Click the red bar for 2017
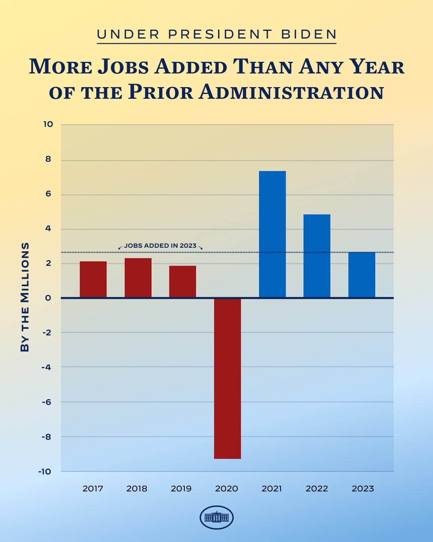[x=93, y=279]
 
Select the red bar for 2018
[x=138, y=278]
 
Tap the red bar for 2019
[x=182, y=281]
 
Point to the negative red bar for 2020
[x=227, y=378]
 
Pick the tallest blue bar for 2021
[x=272, y=234]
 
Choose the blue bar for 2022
[x=317, y=256]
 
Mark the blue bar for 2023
[x=362, y=275]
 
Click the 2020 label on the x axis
[x=227, y=489]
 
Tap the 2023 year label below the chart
[x=363, y=489]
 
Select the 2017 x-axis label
[x=93, y=489]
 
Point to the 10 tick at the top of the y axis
[x=48, y=124]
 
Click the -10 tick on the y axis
[x=45, y=471]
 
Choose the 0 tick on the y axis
[x=49, y=298]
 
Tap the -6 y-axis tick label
[x=47, y=402]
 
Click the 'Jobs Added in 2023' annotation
[x=160, y=246]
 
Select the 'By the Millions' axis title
[x=25, y=297]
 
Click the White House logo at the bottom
[x=216, y=517]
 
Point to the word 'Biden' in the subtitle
[x=309, y=35]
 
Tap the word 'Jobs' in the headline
[x=123, y=67]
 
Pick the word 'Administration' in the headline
[x=291, y=92]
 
